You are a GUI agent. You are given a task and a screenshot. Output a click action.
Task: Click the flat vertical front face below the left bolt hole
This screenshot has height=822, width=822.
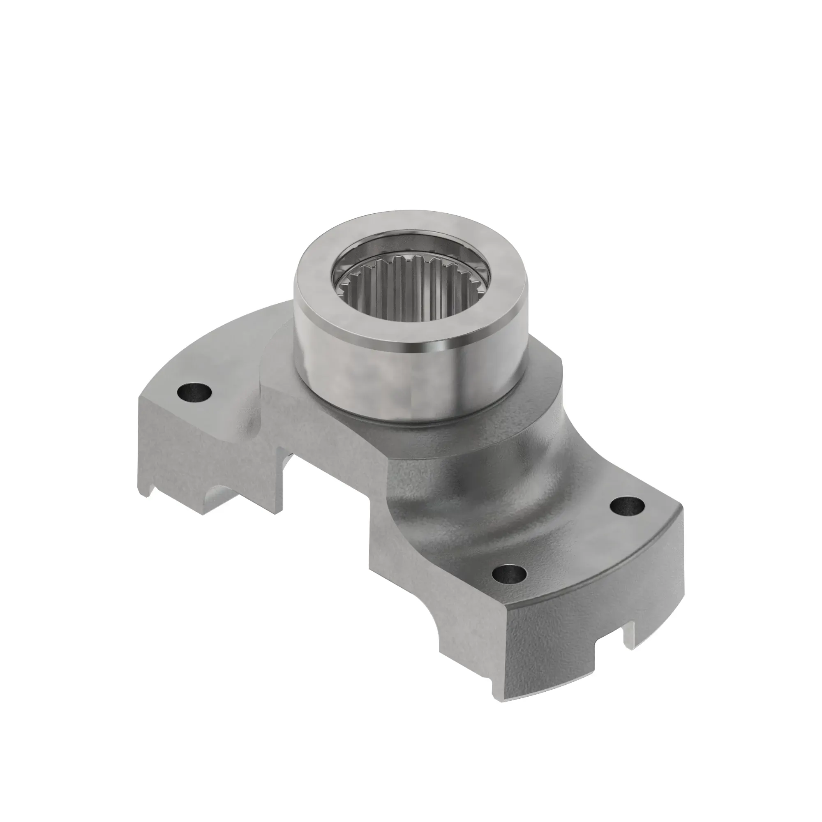coord(200,447)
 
